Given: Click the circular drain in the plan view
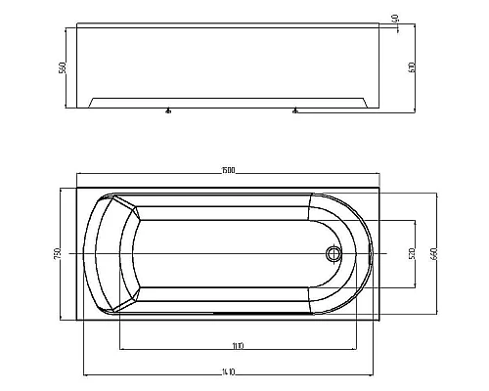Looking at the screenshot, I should pos(334,254).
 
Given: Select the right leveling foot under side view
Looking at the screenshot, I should pos(292,112).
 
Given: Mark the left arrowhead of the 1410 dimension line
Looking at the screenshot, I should pos(85,374).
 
